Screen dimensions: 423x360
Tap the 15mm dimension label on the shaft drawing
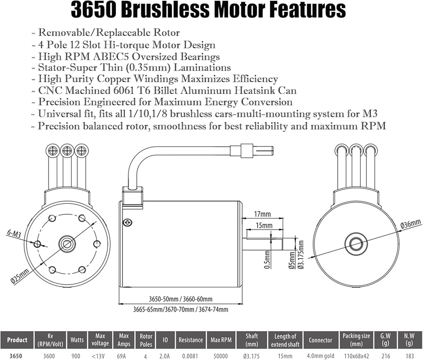tap(264, 225)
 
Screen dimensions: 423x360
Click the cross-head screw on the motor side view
tap(126, 222)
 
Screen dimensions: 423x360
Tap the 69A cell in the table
tap(124, 356)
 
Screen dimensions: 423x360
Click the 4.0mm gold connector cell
tap(321, 356)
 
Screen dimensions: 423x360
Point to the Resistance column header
tap(190, 340)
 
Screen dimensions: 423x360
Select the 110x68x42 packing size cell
tap(356, 356)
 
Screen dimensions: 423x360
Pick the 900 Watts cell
tap(77, 356)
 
